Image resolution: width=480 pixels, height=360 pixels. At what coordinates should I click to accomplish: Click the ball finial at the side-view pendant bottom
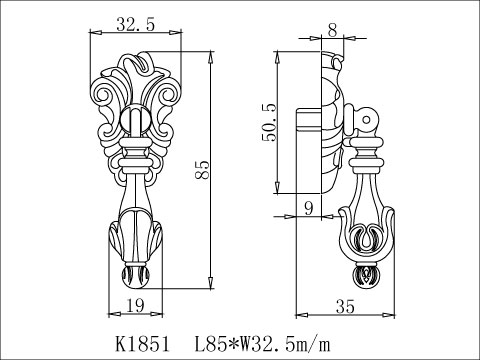366,274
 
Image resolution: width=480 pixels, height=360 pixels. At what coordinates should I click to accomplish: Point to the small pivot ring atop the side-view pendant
369,123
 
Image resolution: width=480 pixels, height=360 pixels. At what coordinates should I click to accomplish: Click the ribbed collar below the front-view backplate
136,160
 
